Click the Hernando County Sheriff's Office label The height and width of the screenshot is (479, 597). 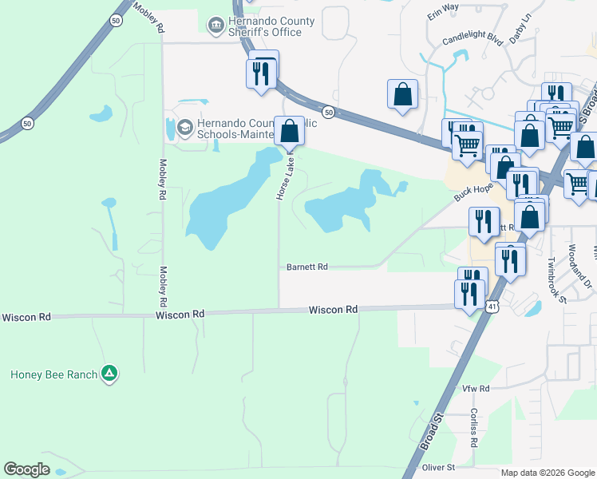[265, 26]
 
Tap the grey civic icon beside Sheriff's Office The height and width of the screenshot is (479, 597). [215, 26]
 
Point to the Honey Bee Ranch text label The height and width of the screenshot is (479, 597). [53, 374]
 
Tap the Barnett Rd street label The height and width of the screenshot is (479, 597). [307, 267]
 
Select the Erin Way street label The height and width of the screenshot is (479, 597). [443, 6]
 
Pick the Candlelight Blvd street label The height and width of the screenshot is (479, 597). [474, 40]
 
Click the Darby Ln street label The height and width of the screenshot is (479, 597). [520, 30]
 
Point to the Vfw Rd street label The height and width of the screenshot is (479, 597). [476, 388]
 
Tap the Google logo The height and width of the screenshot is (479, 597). [26, 469]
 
